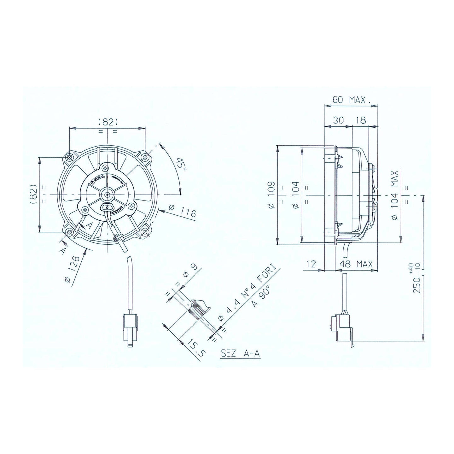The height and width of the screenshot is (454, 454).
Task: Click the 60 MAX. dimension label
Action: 351,100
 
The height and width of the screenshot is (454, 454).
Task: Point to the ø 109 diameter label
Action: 272,195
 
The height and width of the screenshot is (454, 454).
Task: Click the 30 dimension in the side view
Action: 338,120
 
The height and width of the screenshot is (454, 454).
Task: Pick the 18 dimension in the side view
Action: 360,120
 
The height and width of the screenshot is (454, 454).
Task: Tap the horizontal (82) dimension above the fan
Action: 108,122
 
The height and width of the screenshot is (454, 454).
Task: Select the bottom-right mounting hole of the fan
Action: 145,232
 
